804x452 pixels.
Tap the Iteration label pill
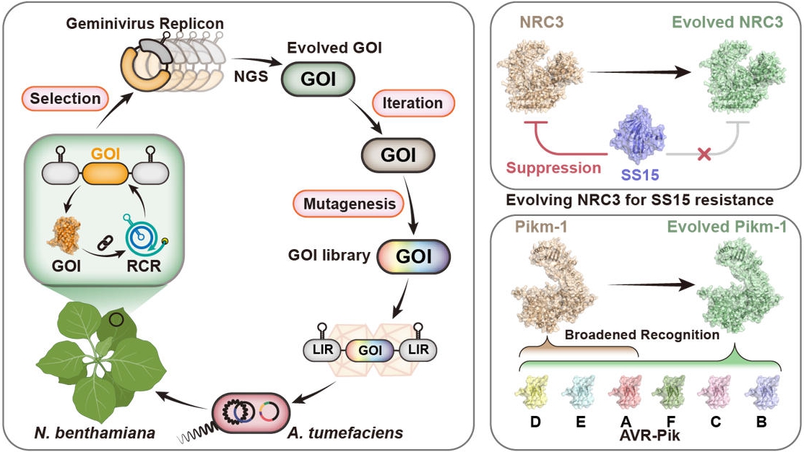coord(408,103)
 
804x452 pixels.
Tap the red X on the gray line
coord(704,155)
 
